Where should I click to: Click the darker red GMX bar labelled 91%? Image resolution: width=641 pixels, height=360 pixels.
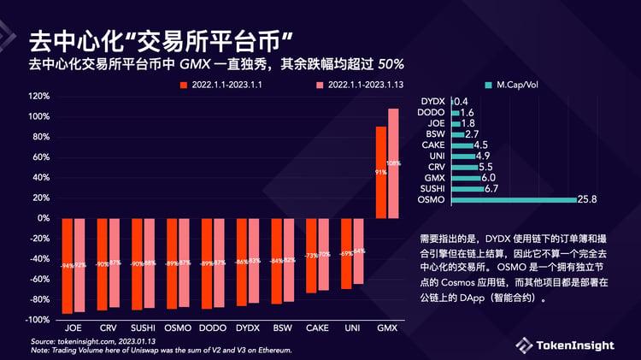point(381,172)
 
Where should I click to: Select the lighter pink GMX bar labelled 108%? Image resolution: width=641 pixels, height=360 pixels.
point(393,163)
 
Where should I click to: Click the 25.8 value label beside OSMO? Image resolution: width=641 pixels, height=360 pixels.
point(589,200)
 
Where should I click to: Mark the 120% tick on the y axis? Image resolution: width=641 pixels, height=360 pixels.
point(39,97)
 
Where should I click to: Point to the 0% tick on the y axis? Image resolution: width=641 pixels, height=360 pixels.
point(43,218)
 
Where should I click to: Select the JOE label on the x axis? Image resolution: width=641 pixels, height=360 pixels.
point(74,328)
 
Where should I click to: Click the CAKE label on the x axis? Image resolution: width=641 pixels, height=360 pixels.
point(317,328)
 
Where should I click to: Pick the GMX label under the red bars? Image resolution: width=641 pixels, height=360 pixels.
point(387,328)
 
